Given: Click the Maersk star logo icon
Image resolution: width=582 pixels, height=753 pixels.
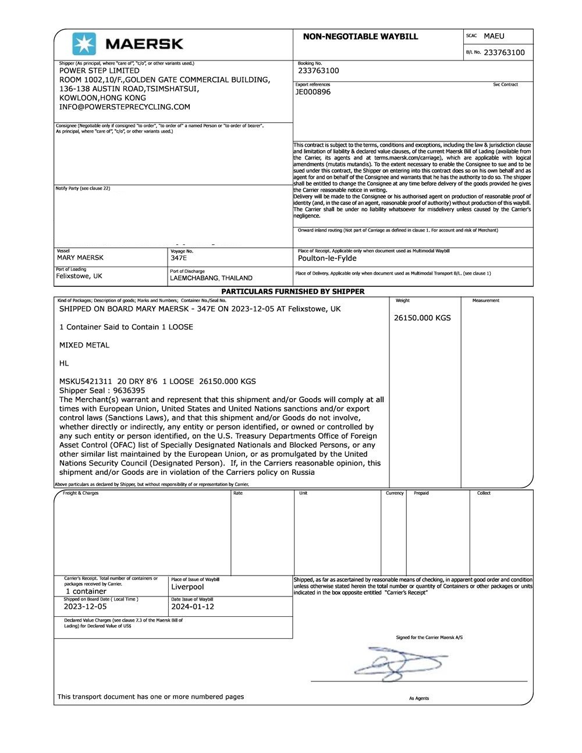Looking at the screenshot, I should (x=84, y=44).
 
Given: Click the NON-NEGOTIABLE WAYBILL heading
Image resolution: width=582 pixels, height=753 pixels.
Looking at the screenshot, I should (x=360, y=37).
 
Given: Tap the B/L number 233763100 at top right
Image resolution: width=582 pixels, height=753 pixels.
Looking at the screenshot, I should (x=504, y=52).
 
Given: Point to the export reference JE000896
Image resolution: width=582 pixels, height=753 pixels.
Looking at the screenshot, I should (x=313, y=92).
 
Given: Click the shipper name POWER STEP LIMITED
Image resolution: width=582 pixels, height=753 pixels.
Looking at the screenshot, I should (x=99, y=70).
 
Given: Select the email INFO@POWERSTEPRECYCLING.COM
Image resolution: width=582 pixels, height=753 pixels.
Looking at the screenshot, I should (x=125, y=107).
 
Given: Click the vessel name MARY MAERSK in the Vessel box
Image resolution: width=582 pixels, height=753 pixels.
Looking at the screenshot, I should (x=80, y=257).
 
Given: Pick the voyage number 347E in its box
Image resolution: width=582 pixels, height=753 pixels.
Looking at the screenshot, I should (x=179, y=257).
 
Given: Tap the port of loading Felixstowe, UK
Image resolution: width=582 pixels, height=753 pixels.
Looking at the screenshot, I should (x=79, y=276).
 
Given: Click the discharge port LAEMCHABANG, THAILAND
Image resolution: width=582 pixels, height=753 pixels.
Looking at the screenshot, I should (x=211, y=278).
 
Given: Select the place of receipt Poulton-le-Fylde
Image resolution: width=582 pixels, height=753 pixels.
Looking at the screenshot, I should (x=327, y=258).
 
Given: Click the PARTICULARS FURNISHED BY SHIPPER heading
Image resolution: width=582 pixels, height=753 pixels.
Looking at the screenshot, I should (x=293, y=292).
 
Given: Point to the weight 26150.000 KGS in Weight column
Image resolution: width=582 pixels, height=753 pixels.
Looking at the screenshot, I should (x=422, y=318).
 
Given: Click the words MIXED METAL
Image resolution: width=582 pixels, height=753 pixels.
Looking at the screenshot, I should (x=84, y=345).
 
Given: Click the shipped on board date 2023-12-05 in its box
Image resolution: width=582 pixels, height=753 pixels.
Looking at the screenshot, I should (x=85, y=606).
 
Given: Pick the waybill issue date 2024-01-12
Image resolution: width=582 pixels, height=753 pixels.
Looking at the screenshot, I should (x=193, y=606).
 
